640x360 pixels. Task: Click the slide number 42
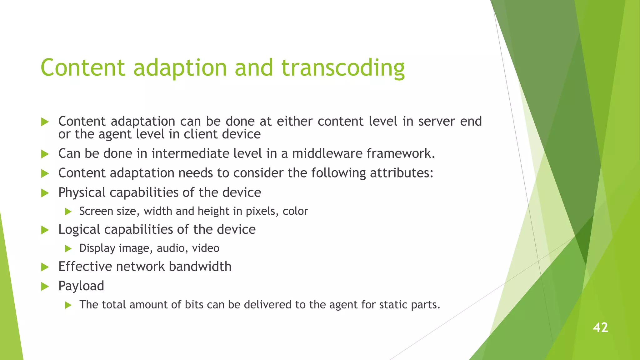tap(600, 327)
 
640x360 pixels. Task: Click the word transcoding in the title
tap(343, 68)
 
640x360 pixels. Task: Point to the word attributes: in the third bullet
tap(402, 173)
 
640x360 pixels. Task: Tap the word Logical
tap(79, 230)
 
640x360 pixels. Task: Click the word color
tap(295, 212)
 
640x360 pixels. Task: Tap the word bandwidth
tap(200, 267)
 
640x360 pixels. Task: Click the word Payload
tap(81, 286)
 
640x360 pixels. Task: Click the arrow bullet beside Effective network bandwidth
tap(45, 267)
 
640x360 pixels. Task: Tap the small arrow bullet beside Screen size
tap(68, 212)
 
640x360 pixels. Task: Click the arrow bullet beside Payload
tap(45, 286)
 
